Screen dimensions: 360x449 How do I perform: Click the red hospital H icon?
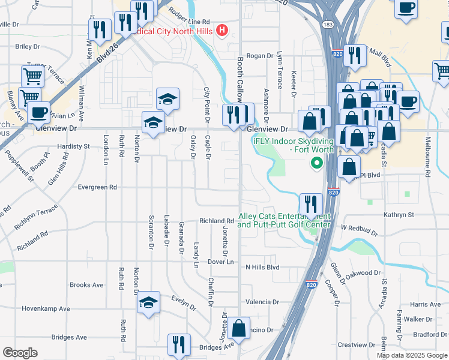(x=222, y=29)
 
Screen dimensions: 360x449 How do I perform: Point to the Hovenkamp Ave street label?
(x=46, y=309)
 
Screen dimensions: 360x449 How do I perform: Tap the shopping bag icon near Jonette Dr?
(x=238, y=329)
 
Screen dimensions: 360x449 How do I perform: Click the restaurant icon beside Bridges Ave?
(x=179, y=344)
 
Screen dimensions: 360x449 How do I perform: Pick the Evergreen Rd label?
(x=98, y=187)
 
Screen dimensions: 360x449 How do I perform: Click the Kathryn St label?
(x=403, y=214)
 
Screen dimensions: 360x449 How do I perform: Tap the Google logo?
(x=20, y=353)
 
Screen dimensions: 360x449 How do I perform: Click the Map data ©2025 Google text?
(x=412, y=355)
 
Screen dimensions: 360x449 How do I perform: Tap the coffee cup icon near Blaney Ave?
(x=39, y=112)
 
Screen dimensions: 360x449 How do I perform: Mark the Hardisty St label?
(x=73, y=146)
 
